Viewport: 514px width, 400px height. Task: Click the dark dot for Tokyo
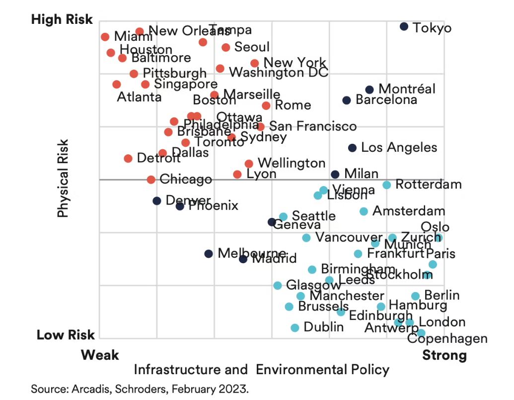[404, 26]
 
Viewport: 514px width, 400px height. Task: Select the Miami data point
[105, 37]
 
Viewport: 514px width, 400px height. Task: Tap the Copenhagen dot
[421, 333]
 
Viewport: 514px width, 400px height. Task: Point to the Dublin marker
[295, 328]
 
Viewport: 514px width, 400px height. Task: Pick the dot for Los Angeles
[352, 148]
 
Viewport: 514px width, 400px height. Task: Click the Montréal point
[369, 90]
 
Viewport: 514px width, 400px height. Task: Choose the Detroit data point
[128, 158]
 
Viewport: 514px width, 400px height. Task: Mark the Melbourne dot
[209, 254]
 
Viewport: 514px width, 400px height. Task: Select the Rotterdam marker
[386, 185]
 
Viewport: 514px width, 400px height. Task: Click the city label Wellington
[292, 163]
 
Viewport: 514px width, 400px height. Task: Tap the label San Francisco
[313, 126]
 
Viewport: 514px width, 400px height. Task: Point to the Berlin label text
[442, 295]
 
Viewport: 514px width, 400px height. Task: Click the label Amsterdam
[409, 211]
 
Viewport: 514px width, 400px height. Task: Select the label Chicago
[186, 179]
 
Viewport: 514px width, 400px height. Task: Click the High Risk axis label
[62, 19]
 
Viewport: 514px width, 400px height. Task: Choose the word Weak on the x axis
[100, 355]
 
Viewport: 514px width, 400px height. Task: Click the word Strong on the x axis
[444, 355]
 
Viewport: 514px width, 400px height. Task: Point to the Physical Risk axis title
[63, 178]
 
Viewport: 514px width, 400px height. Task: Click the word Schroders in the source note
[134, 388]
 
